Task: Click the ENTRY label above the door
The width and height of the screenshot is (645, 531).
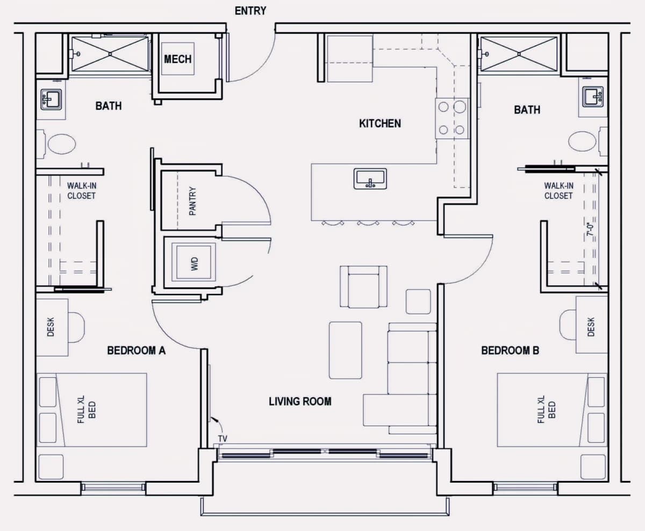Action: pos(250,11)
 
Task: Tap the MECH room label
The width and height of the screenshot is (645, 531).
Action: pos(178,59)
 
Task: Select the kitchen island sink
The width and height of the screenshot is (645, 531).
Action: pos(370,178)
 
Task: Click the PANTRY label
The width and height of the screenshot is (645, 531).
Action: pos(192,201)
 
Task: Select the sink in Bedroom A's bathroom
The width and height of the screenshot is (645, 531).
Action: pos(52,99)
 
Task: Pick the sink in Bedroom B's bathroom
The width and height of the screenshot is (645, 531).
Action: pos(593,97)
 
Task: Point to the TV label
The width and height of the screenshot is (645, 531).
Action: pos(223,439)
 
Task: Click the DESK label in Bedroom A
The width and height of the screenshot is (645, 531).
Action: pos(51,327)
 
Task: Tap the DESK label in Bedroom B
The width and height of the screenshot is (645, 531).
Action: pos(591,327)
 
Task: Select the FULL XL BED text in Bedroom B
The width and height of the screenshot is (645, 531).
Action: pos(546,410)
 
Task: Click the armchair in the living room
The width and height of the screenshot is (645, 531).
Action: pos(363,286)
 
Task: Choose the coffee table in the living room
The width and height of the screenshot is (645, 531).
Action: pos(345,350)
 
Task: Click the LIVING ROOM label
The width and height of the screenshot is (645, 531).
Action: pos(300,401)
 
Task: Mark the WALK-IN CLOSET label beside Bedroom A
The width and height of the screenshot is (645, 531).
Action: pos(81,191)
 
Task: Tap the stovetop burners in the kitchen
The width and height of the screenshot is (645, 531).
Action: pos(451,118)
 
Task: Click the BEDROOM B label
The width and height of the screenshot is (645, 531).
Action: pos(510,350)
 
